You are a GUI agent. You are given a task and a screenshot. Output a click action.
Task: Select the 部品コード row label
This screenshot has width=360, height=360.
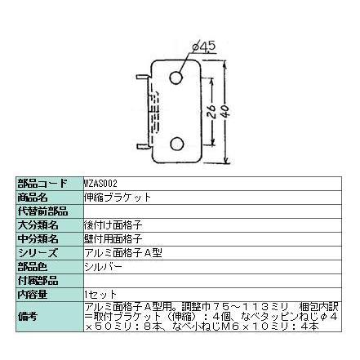point(47,184)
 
